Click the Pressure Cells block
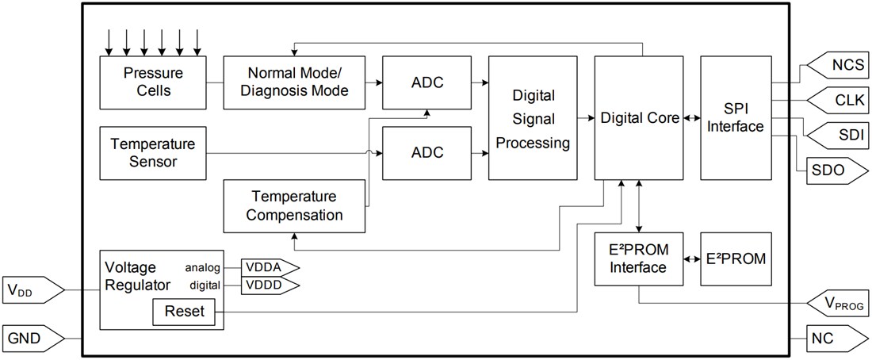pos(153,82)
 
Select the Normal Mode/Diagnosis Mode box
pos(294,82)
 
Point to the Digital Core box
pos(639,117)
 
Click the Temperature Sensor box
pos(153,152)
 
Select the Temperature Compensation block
pos(294,205)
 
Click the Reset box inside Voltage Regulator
pos(183,312)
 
